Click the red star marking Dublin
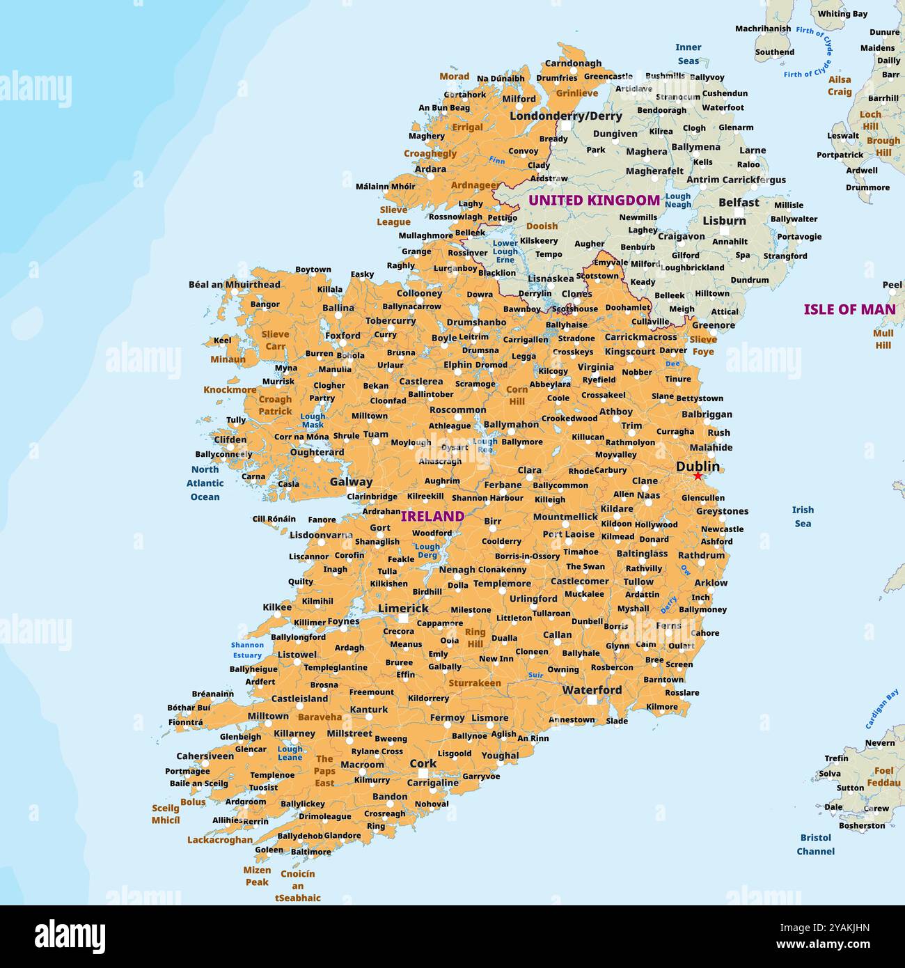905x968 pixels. click(x=698, y=476)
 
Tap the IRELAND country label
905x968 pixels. click(x=432, y=516)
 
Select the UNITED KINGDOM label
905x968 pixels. click(x=594, y=201)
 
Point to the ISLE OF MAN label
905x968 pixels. click(x=849, y=309)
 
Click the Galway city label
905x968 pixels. click(x=351, y=481)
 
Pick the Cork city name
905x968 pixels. click(x=423, y=763)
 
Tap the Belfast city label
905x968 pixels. click(x=739, y=203)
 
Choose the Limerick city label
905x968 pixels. click(x=403, y=608)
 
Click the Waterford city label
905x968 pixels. click(x=592, y=689)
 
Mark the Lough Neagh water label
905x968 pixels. click(x=678, y=201)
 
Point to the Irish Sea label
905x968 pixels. click(x=803, y=517)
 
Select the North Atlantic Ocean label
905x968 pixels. click(x=205, y=483)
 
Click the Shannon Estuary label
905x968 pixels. click(x=247, y=650)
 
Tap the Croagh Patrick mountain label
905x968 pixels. click(x=275, y=405)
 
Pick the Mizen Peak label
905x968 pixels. click(x=257, y=876)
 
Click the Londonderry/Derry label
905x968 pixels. click(x=565, y=116)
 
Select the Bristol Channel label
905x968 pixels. click(x=815, y=844)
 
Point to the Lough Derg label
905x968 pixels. click(x=427, y=551)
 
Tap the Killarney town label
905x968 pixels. click(x=294, y=733)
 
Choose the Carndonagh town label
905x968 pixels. click(x=573, y=63)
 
